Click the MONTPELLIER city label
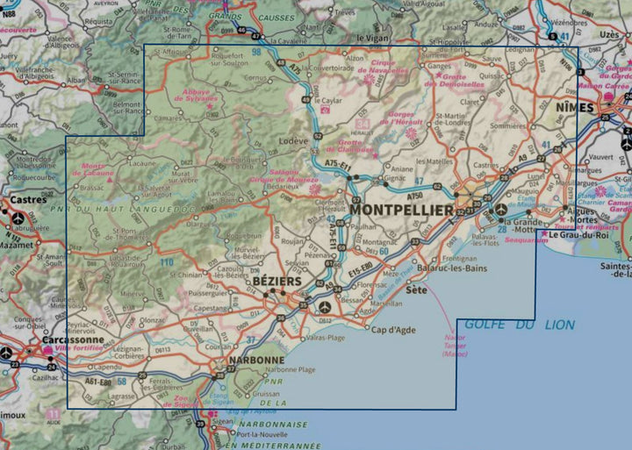401,211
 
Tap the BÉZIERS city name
276,281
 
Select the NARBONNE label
255,360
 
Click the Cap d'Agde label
390,329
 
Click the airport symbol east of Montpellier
500,210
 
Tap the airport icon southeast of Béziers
326,307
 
